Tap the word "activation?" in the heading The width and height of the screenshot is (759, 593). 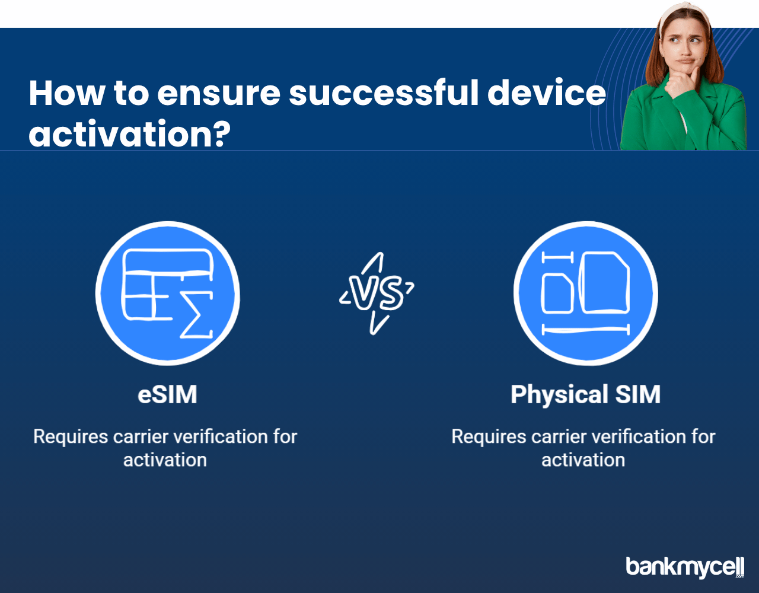coord(130,134)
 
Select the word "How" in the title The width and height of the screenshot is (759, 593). coord(67,93)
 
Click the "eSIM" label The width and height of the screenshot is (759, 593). coord(167,394)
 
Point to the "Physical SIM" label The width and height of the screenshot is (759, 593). coord(586,394)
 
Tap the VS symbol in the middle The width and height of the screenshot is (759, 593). coord(376,293)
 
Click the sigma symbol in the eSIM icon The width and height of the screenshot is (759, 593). coord(196,314)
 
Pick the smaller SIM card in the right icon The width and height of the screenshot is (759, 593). coord(557,294)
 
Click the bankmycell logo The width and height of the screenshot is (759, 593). coord(685,567)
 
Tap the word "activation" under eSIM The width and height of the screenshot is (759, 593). coord(165,460)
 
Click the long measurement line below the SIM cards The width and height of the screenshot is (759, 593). coord(586,330)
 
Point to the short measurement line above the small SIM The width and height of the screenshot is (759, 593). coord(557,258)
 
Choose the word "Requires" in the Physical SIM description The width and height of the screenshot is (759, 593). coord(489,438)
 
